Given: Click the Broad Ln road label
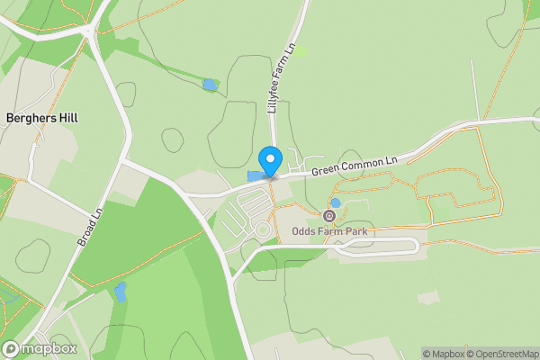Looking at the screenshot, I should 91,227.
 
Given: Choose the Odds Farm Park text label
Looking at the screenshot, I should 330,231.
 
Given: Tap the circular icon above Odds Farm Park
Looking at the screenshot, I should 328,216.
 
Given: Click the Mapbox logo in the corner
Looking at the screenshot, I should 40,349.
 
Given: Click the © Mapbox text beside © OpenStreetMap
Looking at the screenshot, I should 441,354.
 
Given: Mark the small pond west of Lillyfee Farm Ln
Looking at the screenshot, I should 210,85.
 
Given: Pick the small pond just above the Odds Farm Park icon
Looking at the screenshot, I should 336,203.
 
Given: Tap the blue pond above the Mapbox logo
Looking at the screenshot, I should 121,292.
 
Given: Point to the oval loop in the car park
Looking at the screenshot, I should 264,230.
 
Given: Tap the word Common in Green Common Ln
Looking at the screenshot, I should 358,165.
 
